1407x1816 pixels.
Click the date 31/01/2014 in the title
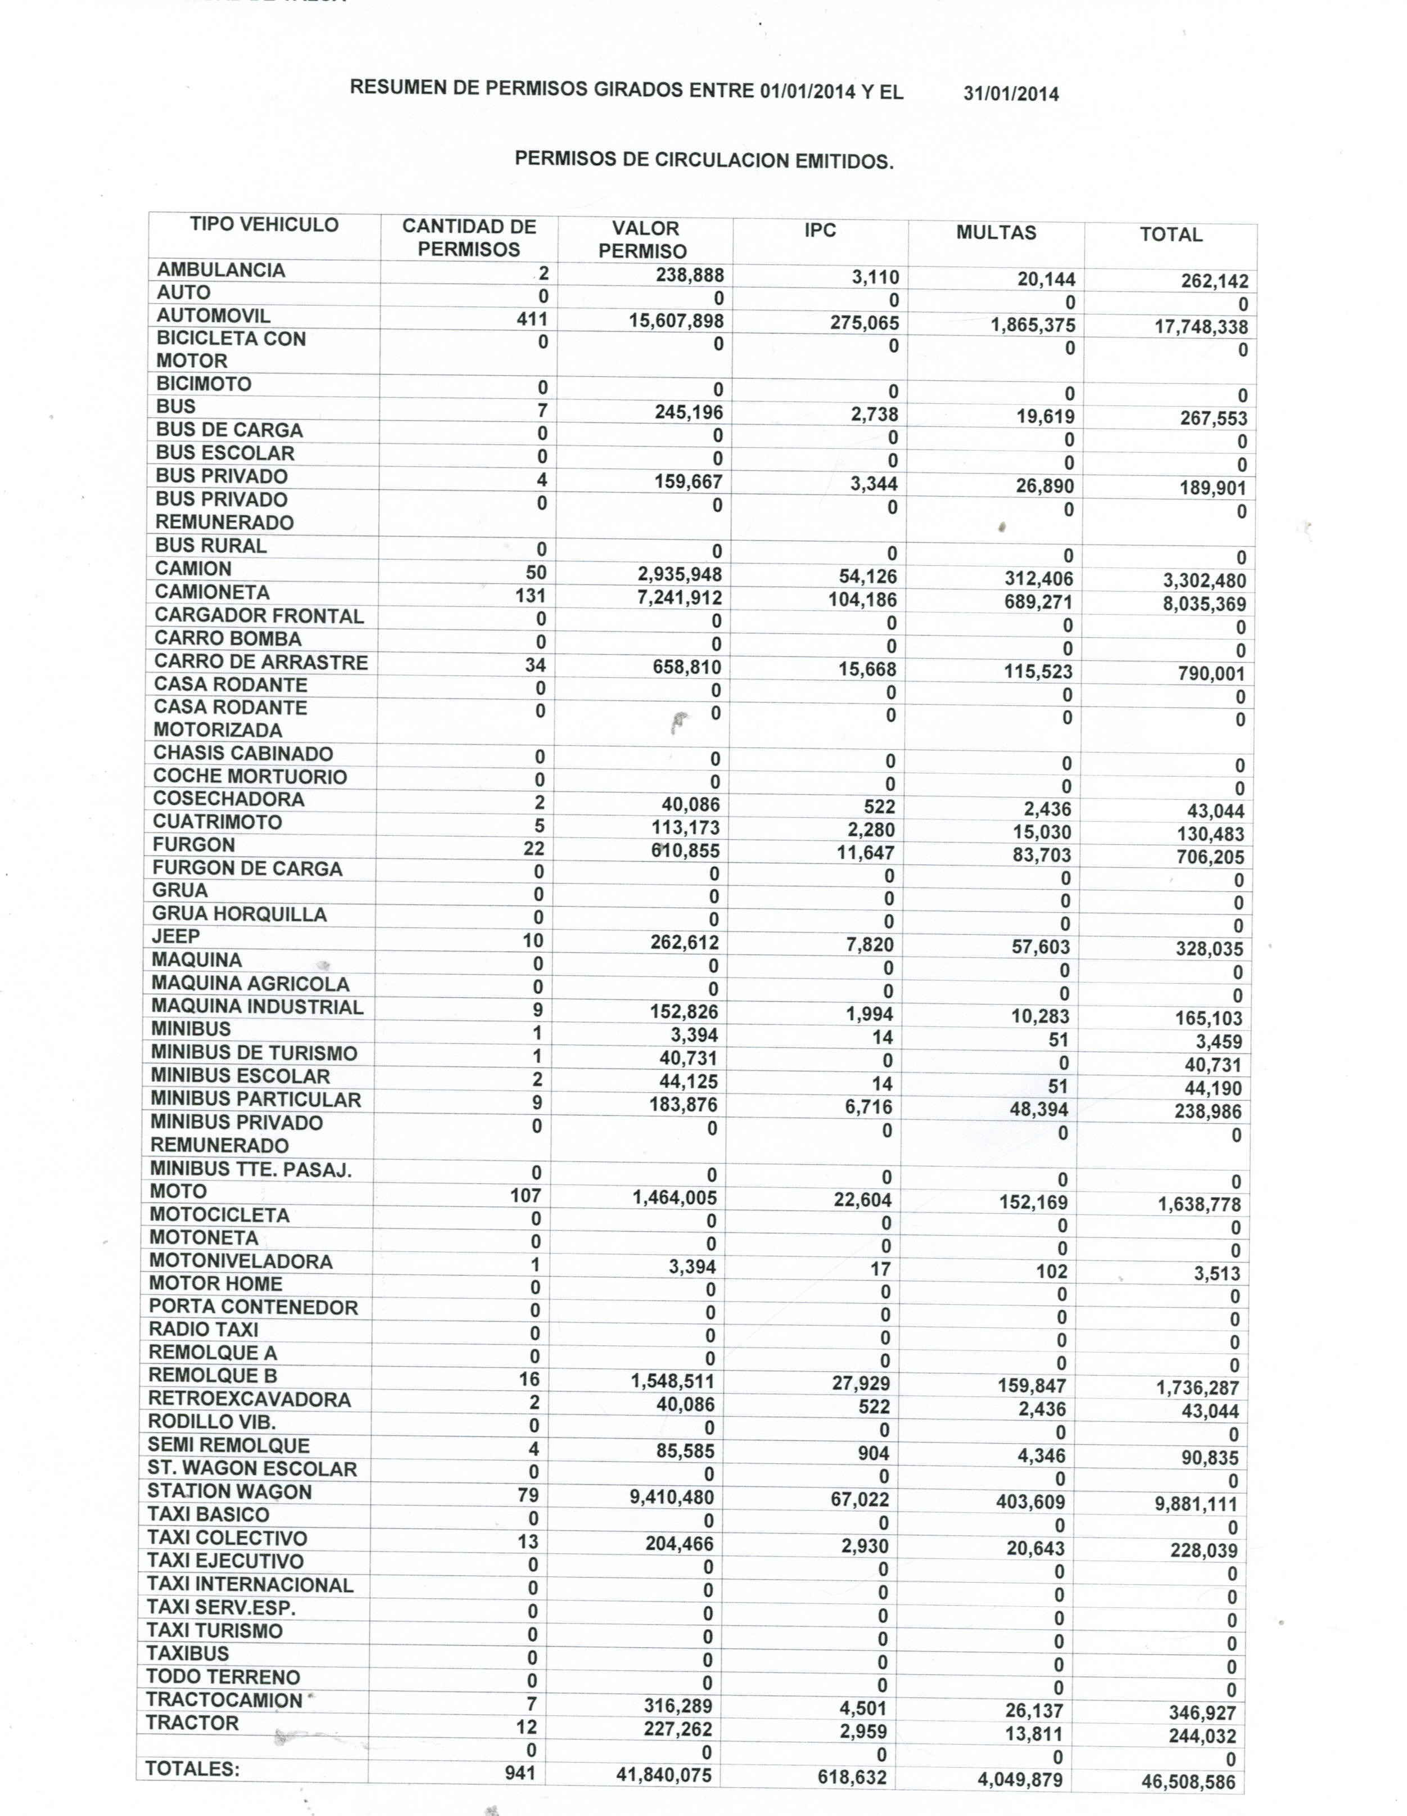point(1011,94)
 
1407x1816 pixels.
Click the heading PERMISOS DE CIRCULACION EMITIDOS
point(704,160)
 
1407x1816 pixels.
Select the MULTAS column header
point(996,233)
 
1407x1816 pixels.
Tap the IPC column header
point(820,231)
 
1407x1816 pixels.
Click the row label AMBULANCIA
point(221,271)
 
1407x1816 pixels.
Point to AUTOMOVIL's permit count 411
point(532,318)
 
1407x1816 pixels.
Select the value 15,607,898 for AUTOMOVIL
point(676,321)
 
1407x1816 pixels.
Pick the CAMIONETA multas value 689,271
point(1038,602)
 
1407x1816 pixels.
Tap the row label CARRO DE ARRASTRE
point(261,662)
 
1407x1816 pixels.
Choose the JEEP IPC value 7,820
point(870,945)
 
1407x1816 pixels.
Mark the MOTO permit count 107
point(525,1196)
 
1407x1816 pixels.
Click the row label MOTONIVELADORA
point(241,1261)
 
